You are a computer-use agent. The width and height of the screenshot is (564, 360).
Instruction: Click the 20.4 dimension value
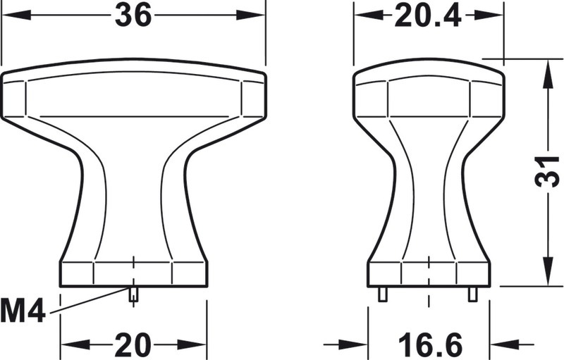[428, 16]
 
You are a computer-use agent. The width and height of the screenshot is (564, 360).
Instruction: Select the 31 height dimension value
[548, 172]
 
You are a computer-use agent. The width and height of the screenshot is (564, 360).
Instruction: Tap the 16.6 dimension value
[430, 345]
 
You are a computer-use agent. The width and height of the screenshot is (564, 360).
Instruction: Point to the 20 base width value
[133, 345]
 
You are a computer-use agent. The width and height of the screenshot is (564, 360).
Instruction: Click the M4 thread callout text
[23, 311]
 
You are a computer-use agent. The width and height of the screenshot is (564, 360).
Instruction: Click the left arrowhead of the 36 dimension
[16, 15]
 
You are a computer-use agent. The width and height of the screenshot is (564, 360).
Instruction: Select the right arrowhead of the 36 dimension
[250, 15]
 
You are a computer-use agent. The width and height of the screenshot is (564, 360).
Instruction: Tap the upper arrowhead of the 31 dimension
[547, 74]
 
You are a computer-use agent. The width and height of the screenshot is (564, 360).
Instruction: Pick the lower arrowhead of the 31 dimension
[548, 272]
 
